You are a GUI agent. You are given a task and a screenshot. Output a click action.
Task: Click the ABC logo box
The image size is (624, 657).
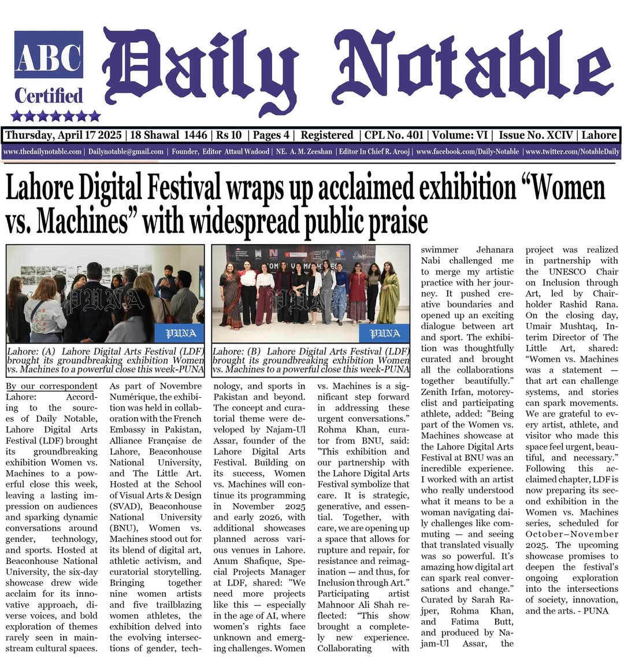click(x=49, y=54)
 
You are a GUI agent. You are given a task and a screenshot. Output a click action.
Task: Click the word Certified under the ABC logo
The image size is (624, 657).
click(x=49, y=95)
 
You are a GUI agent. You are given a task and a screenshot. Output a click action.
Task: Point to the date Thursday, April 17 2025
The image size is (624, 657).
click(x=64, y=135)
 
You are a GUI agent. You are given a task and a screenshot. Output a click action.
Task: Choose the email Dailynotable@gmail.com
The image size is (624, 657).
click(x=126, y=152)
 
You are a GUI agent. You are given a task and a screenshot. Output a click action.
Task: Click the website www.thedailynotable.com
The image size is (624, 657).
click(x=42, y=152)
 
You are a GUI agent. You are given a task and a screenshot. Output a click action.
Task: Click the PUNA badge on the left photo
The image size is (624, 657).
click(x=179, y=333)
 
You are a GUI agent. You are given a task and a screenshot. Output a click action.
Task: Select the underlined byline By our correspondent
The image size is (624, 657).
click(x=51, y=386)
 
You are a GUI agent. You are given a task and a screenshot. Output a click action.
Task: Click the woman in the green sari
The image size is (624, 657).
click(x=388, y=295)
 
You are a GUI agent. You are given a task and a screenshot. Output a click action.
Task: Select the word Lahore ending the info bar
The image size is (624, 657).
click(x=599, y=135)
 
